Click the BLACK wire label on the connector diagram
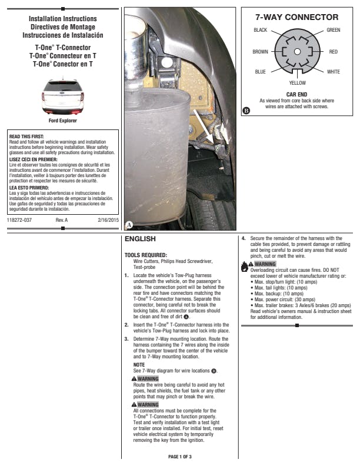pos(260,30)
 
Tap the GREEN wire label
pos(334,30)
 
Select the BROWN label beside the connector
pos(260,52)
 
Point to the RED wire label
pos(334,52)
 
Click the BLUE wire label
pos(260,72)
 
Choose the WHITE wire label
pos(334,72)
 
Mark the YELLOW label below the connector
pos(297,83)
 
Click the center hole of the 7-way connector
pos(297,52)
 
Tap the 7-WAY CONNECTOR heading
pos(296,17)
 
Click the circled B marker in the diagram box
pos(246,111)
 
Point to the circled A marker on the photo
pos(129,225)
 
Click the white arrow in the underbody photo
pos(204,126)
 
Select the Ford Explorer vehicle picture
pos(63,97)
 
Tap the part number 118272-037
pos(19,220)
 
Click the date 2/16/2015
pos(108,220)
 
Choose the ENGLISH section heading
pos(140,239)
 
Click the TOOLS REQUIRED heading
pos(146,255)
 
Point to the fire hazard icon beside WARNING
pos(245,267)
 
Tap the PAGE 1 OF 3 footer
pos(179,457)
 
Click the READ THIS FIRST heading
pos(26,137)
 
